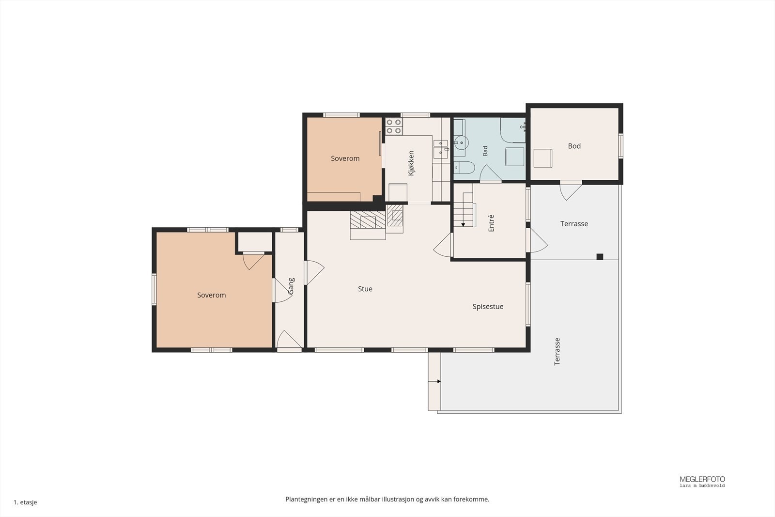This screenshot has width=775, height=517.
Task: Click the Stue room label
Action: [365, 289]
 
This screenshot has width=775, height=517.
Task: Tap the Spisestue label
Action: [488, 307]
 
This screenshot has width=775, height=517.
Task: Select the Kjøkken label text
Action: [411, 163]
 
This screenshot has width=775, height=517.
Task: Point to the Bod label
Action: [574, 146]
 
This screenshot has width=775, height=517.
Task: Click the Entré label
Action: [491, 223]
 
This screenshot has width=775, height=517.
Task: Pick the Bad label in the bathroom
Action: [485, 151]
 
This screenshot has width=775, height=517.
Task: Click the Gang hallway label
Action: [291, 286]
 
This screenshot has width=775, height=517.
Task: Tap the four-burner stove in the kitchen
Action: [394, 126]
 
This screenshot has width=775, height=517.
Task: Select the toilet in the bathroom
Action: [465, 168]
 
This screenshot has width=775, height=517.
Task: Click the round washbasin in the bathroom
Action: [461, 142]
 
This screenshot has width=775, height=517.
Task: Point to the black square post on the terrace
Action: [600, 256]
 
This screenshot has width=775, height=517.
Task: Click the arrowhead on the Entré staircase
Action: [463, 225]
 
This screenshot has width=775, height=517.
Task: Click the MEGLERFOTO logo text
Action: [702, 479]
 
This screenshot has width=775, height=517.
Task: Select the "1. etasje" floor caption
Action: [25, 502]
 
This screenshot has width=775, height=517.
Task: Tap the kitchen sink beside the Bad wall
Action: [440, 149]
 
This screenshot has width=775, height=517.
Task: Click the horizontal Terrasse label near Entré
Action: [574, 224]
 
